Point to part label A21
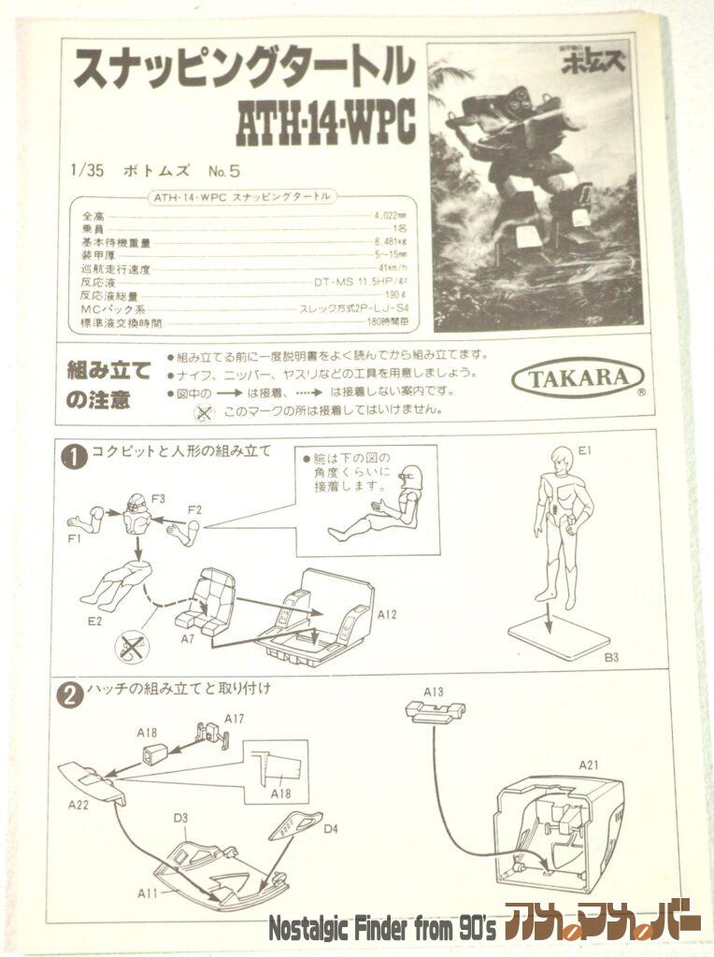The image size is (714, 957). tap(587, 765)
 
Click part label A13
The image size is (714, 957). tap(433, 692)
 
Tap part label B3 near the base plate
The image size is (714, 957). tap(611, 658)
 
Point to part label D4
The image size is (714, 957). tap(331, 827)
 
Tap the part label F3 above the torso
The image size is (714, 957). tap(158, 498)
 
